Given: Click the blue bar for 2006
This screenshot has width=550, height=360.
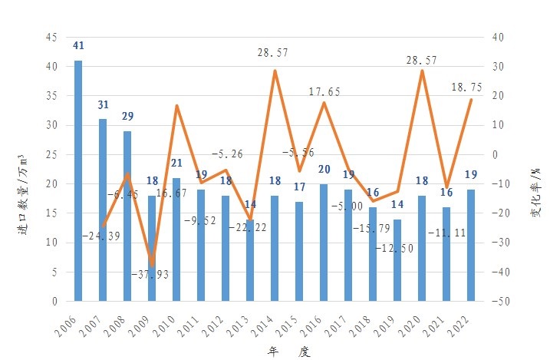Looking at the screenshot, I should [78, 180].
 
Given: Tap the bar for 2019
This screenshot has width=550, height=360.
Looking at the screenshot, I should [397, 260].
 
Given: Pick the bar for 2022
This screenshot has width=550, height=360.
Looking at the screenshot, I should [471, 245].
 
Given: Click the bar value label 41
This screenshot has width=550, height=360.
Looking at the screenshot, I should [78, 45].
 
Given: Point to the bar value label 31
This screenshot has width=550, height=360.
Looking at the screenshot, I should [103, 104].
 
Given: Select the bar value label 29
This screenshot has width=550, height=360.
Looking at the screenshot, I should [127, 117].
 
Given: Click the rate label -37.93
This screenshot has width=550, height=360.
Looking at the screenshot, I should [152, 274].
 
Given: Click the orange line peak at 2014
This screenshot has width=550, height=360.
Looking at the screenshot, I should [275, 71].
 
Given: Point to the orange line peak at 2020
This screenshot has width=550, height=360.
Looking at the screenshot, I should [422, 71].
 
